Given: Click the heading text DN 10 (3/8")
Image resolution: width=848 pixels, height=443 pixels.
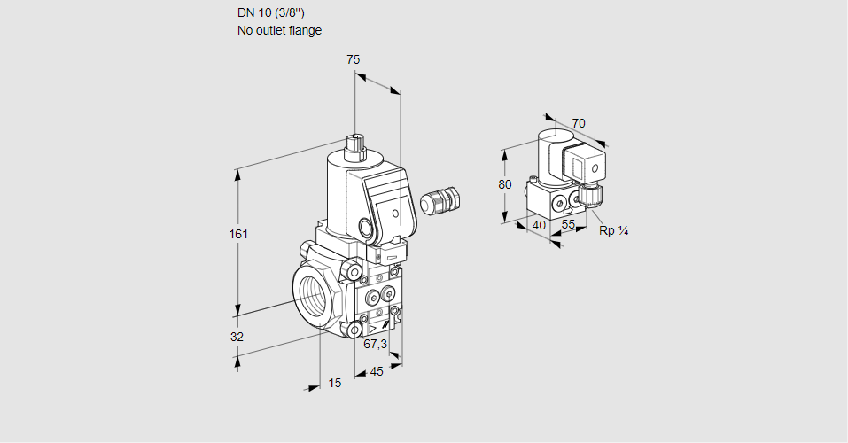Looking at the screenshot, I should (x=272, y=12).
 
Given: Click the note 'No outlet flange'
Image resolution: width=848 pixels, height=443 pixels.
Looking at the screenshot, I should (x=279, y=30).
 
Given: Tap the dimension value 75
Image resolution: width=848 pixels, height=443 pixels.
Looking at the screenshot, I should (x=353, y=59).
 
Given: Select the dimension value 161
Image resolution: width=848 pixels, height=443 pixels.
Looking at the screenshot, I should (x=238, y=234).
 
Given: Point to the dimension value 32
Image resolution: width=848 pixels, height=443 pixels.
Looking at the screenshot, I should (x=237, y=337).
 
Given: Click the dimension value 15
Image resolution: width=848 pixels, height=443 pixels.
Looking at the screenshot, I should (x=334, y=383).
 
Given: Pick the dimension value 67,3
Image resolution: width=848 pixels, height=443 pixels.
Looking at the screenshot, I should (x=375, y=344).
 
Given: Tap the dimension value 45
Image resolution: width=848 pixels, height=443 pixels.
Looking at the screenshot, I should (x=377, y=371).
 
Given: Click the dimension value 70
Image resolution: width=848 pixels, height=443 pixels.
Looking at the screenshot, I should (x=579, y=123).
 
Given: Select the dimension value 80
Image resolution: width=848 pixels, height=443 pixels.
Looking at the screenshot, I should (x=504, y=184).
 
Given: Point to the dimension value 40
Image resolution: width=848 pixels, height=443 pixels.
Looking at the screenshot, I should (x=538, y=225).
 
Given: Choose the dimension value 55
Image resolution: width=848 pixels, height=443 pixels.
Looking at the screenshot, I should (x=569, y=225).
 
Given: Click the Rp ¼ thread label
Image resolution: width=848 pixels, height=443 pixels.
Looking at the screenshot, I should (x=613, y=231).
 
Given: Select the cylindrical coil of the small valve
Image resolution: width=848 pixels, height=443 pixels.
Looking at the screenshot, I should (x=548, y=154).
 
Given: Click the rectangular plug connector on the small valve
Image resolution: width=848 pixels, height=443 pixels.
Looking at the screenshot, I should (x=586, y=166).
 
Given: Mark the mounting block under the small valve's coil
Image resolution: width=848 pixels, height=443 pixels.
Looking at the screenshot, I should (x=554, y=202).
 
